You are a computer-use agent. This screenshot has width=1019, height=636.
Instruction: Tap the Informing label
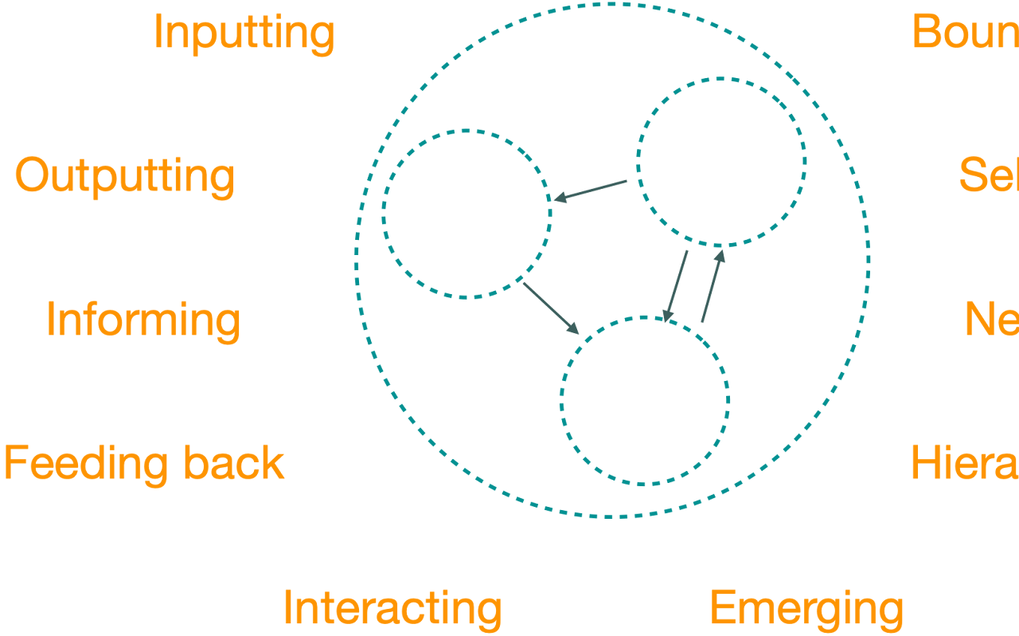point(143,320)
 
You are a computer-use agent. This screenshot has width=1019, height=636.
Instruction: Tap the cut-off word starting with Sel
point(988,175)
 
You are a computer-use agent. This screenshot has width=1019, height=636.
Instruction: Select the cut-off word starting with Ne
point(991,320)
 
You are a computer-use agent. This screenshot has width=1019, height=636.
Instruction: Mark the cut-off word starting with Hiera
point(964,463)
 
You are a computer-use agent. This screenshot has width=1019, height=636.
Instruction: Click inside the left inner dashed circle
point(467,214)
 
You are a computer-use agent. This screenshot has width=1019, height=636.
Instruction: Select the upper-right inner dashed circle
point(721,162)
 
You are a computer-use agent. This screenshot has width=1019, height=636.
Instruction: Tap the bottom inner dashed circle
point(645,400)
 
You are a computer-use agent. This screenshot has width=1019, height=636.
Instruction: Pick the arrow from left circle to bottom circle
point(550,308)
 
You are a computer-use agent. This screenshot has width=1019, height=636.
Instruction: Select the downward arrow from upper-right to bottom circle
point(676,286)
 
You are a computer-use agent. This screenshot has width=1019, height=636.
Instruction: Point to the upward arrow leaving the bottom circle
point(713,286)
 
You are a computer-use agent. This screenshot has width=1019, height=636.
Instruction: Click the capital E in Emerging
point(720,608)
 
